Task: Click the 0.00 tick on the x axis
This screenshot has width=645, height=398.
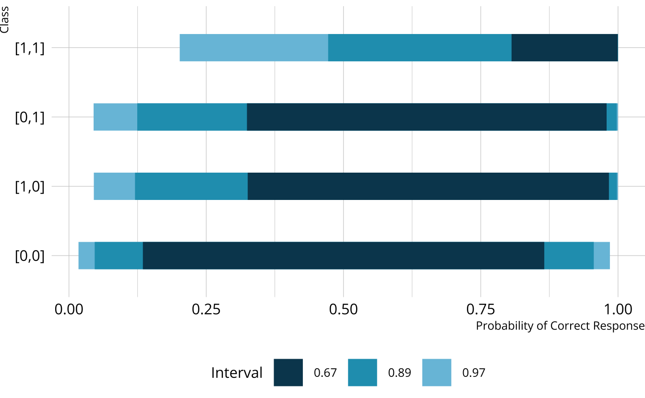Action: tap(69, 309)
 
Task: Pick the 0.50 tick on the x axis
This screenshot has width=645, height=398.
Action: tap(343, 309)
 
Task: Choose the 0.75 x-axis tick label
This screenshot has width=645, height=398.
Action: tap(480, 309)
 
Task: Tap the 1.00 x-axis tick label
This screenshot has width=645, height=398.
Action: tap(618, 309)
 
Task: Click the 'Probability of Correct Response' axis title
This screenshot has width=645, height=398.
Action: tap(560, 326)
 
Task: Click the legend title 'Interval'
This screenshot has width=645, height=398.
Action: tap(237, 373)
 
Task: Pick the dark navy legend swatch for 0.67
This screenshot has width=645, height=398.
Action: tap(288, 373)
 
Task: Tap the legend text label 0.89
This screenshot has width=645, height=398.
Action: tap(399, 373)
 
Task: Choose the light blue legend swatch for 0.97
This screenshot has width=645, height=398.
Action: tap(437, 373)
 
